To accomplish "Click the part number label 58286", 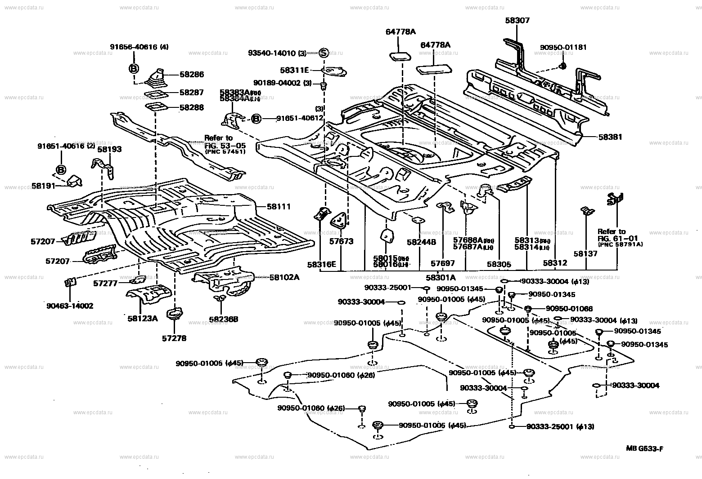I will [x=191, y=75].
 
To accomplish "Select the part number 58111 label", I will [x=279, y=207].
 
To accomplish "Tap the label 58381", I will [x=610, y=137].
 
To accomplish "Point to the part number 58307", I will [x=517, y=20].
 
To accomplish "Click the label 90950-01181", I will [x=563, y=47].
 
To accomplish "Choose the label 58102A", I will [x=284, y=277].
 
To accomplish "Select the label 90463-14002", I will [x=70, y=306].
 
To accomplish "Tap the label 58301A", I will [x=441, y=278].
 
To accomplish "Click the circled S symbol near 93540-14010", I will [x=323, y=53].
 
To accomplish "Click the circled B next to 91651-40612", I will [x=256, y=118].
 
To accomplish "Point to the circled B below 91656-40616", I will [x=134, y=69].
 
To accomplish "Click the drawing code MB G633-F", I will [x=645, y=448].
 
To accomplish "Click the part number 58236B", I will [x=223, y=319].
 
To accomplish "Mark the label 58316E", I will [x=322, y=264].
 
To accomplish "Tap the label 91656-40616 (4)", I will [x=139, y=47].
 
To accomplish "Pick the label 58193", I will [x=109, y=149].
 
